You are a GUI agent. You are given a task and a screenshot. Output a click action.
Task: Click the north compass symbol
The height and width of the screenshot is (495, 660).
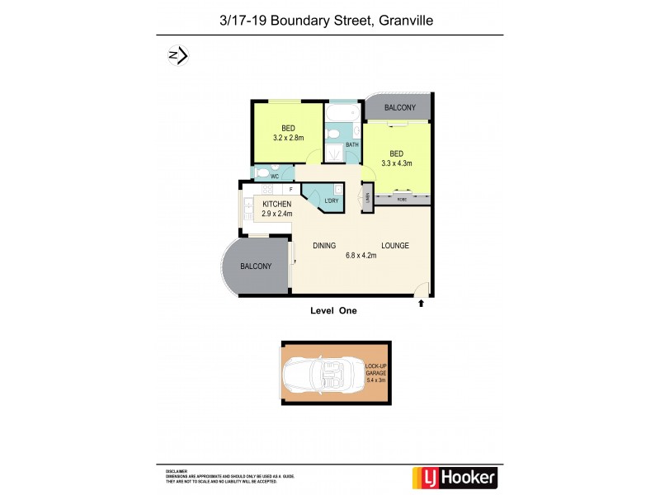click(x=177, y=55)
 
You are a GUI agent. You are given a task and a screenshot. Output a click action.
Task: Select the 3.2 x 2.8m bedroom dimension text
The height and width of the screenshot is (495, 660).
click(x=289, y=138)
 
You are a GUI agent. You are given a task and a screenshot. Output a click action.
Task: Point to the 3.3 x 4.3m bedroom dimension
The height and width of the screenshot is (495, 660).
click(x=396, y=163)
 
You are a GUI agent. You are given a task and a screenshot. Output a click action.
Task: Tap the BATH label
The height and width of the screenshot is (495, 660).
click(x=352, y=145)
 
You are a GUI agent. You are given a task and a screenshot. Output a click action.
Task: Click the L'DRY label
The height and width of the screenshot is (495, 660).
click(x=332, y=200)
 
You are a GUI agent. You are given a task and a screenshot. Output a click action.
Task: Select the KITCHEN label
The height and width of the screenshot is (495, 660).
click(x=278, y=205)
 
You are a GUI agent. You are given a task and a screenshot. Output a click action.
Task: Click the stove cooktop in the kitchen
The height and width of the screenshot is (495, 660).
click(x=248, y=204)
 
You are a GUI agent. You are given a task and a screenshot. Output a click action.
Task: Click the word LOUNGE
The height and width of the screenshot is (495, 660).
click(x=394, y=246)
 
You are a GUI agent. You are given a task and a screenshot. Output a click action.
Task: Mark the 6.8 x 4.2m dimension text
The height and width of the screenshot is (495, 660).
click(x=360, y=256)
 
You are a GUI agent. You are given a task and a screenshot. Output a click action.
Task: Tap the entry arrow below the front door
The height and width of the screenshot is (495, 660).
click(x=422, y=304)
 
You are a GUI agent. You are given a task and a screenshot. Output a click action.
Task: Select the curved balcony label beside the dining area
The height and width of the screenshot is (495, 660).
click(x=256, y=266)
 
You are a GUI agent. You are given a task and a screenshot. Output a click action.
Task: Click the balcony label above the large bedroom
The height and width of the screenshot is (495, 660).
click(x=400, y=108)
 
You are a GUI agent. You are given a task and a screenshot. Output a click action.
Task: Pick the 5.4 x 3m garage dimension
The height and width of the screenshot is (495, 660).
click(x=376, y=380)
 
